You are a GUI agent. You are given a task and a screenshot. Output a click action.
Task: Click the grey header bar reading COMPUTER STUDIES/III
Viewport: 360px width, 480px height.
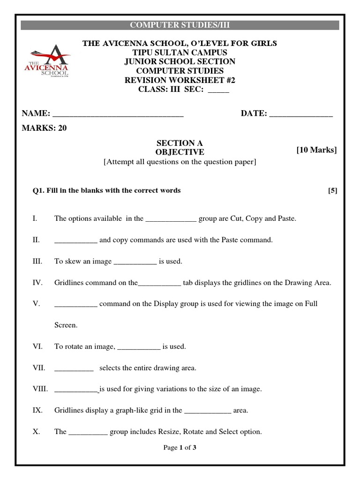coord(180,25)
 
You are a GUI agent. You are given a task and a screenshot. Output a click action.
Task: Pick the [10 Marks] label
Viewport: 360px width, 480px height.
coord(316,150)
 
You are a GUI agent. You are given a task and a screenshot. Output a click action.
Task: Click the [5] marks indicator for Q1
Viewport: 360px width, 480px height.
coord(332,190)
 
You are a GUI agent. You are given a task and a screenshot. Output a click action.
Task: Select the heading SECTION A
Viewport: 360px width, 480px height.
coord(180,143)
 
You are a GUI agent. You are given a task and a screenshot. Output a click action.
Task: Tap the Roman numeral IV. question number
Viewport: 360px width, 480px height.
coord(37,283)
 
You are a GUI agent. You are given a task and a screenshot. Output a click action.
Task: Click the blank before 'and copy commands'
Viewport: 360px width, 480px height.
coord(75,240)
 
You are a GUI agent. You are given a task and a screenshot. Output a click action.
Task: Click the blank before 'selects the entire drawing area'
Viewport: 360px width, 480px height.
coord(74,368)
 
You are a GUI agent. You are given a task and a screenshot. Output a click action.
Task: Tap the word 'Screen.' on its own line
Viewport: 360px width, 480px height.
coord(66,325)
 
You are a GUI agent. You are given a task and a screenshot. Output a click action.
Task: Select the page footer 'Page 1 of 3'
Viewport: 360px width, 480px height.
coord(180,448)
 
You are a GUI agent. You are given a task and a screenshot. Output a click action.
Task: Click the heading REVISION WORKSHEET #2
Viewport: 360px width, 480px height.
coord(180,80)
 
